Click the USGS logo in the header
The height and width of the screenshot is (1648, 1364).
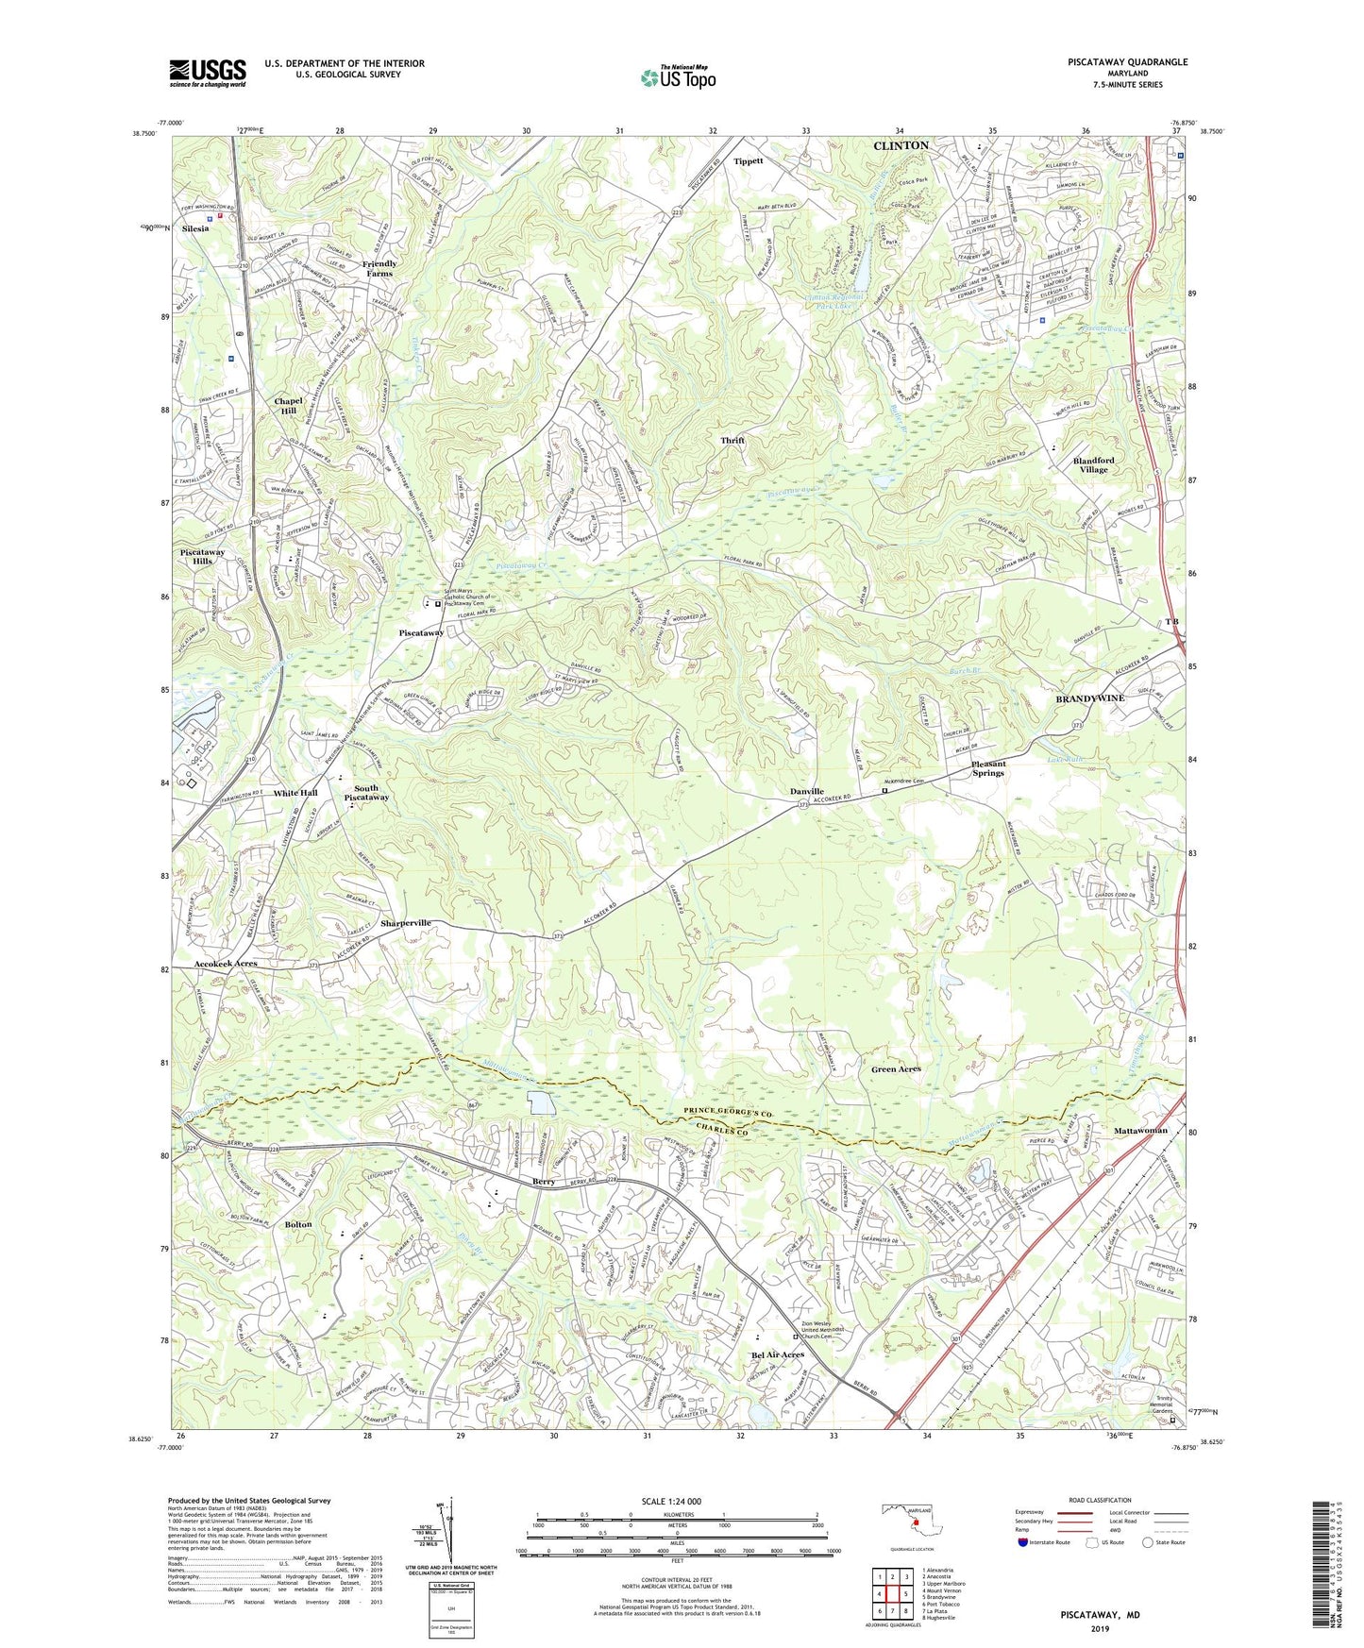[207, 72]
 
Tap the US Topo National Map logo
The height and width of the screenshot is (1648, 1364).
[677, 77]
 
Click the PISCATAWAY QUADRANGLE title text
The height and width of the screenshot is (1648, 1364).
[1115, 62]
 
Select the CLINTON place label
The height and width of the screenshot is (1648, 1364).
[901, 145]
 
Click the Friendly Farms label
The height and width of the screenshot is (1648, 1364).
[379, 269]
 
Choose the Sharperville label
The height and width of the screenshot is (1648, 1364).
[406, 922]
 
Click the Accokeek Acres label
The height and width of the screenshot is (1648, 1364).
[226, 964]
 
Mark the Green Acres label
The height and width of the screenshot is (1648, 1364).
[896, 1068]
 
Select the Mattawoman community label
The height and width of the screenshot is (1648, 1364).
[1140, 1130]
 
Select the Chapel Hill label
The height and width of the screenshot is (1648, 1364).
[287, 406]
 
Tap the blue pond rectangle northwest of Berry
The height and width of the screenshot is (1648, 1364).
[541, 1102]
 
